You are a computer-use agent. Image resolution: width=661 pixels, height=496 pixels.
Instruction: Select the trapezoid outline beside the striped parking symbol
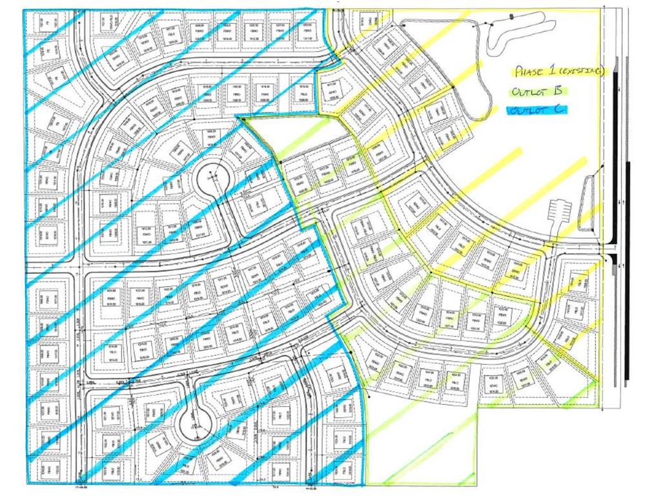pos(587,203)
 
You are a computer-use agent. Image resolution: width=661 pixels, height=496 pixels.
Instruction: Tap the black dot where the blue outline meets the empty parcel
pos(239,117)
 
